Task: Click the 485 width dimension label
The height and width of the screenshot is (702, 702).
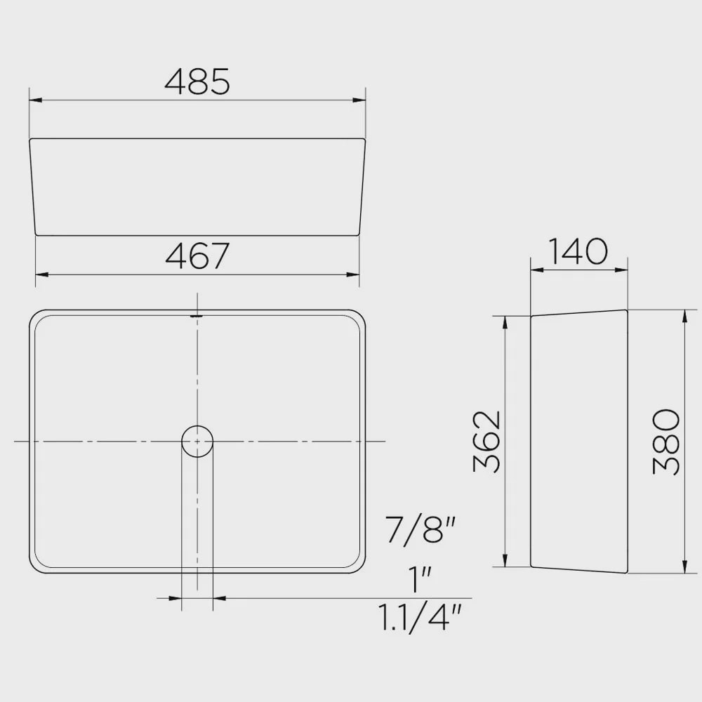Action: (x=197, y=81)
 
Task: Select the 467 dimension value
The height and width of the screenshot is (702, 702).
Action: (x=197, y=256)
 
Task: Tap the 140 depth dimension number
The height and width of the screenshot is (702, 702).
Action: (x=577, y=251)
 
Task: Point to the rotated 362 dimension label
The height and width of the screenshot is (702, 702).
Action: (x=487, y=441)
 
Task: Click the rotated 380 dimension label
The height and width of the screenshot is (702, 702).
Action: (x=666, y=442)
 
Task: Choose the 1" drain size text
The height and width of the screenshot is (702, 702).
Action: (x=420, y=580)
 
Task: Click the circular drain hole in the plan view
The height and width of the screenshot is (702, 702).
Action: (x=197, y=441)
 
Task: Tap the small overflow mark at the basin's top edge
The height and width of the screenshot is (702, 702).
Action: (x=197, y=316)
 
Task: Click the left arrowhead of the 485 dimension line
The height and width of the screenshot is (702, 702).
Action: (x=34, y=100)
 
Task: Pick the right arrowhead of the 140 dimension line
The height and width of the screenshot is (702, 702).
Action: (x=623, y=269)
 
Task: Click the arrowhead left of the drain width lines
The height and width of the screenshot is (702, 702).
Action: (x=176, y=598)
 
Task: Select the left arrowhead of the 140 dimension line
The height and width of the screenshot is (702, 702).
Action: (x=536, y=269)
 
